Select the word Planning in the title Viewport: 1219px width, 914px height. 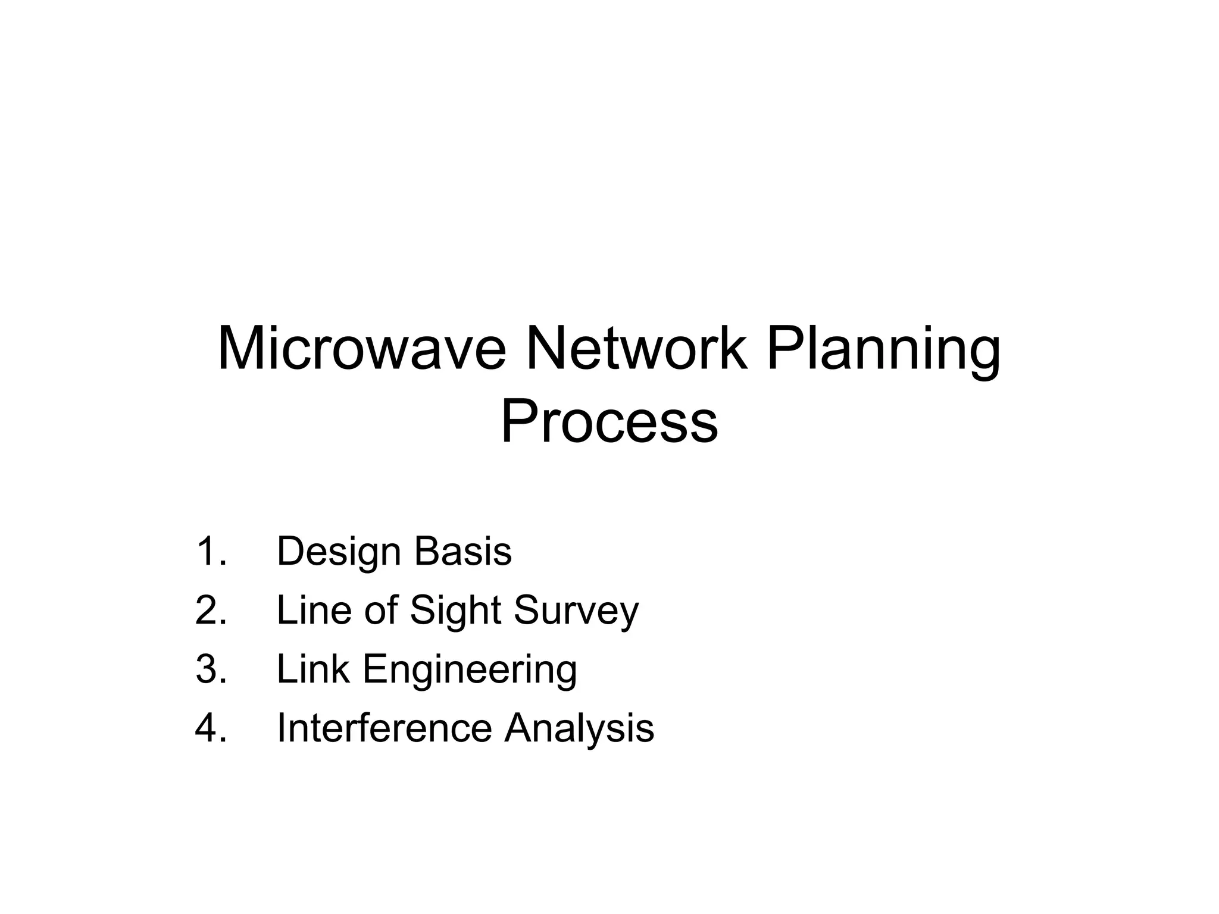pos(883,351)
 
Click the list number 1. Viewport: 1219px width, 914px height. pos(210,551)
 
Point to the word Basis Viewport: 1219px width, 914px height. pos(462,551)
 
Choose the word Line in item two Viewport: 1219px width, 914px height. pos(314,611)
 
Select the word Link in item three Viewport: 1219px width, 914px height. pos(313,669)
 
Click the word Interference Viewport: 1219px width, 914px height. pos(385,728)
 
